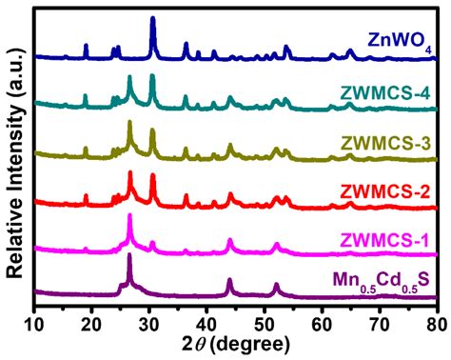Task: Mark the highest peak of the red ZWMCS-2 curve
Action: (129, 172)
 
